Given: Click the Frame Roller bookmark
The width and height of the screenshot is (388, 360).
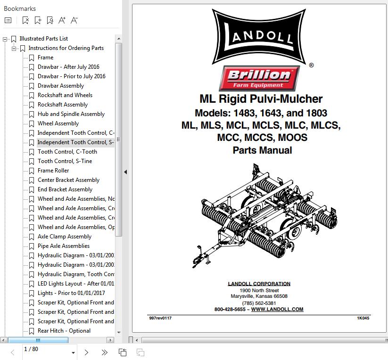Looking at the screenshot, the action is (53, 171).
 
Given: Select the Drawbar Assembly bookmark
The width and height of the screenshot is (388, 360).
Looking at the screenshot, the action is (61, 86).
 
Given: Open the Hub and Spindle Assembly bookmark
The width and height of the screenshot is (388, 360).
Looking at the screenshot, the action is (71, 114).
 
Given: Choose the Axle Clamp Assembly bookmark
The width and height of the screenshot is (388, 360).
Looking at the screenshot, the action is (65, 237).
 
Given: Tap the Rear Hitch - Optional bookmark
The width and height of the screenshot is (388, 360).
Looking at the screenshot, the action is (64, 331).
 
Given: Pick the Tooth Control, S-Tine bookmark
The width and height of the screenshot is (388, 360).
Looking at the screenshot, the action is (65, 161).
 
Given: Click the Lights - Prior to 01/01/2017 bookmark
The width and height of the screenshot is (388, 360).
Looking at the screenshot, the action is (71, 293).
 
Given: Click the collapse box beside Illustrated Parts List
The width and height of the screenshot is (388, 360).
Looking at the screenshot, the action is (5, 39).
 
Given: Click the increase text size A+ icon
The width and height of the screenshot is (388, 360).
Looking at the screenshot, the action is (62, 20).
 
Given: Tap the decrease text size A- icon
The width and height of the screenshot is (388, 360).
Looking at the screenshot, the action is (74, 20).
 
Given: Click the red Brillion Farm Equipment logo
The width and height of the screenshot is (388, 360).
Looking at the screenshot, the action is (259, 78).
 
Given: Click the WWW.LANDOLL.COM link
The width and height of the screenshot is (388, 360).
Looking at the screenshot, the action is (277, 309).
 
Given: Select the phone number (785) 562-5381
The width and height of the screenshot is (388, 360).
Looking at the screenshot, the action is (259, 303).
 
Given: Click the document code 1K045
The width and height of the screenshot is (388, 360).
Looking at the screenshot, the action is (363, 318).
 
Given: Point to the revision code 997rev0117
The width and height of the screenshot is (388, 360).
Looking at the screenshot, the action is (160, 318).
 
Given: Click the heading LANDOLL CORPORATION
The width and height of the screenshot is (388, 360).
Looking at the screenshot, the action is (259, 284).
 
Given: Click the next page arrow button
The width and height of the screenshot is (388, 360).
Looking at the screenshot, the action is (86, 352).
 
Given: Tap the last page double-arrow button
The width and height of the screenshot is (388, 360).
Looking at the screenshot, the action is (104, 352).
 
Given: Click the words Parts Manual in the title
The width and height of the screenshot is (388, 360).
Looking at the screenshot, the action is (262, 150).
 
